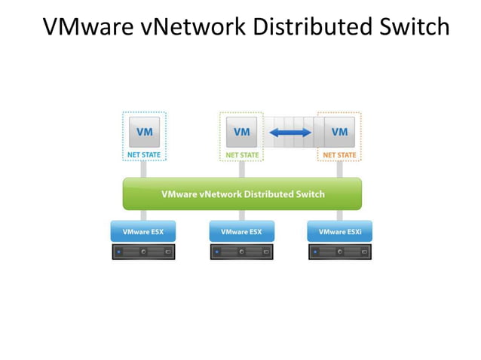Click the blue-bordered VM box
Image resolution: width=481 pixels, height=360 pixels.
point(143,132)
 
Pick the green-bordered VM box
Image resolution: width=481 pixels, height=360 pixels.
point(241,132)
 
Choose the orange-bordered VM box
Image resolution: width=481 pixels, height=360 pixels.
point(339,132)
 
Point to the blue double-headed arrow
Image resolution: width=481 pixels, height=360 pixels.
point(290,133)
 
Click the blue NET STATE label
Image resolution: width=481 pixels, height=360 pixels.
point(143,155)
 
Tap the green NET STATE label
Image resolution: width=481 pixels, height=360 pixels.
point(241,155)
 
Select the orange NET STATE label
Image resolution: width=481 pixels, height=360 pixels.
point(339,155)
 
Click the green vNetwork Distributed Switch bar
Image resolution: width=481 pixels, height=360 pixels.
point(242,194)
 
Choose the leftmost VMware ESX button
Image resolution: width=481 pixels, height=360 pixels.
point(143,231)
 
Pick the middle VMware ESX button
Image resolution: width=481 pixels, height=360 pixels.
point(241,231)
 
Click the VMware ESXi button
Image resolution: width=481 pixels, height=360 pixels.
point(339,231)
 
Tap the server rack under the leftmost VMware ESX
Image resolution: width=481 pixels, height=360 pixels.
point(143,252)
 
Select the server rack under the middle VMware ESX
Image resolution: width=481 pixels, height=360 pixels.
point(241,252)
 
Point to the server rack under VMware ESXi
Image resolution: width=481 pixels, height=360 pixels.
point(339,252)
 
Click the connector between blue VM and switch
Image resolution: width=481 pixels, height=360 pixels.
point(143,169)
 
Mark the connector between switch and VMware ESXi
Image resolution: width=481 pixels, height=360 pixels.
point(339,215)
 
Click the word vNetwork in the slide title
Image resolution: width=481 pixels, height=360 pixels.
point(191,26)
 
